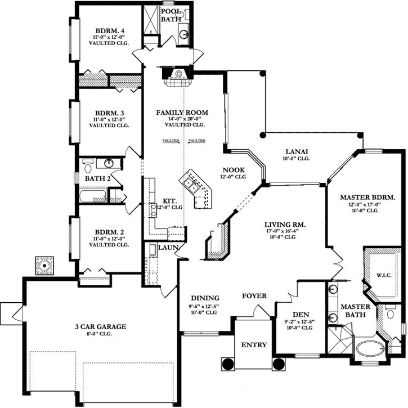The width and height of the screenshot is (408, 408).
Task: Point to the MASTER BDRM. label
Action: [x=368, y=198]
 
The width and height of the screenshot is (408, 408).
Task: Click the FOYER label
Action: [x=254, y=296]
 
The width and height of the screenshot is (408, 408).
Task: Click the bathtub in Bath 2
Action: [x=93, y=196]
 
